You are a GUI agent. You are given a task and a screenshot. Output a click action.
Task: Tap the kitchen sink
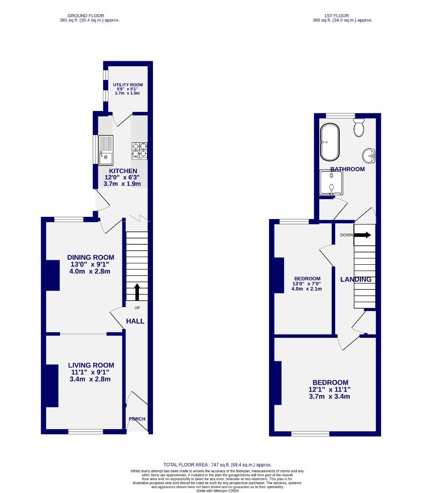tap(105, 150)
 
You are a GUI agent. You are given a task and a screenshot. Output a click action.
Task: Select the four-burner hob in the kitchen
tap(140, 151)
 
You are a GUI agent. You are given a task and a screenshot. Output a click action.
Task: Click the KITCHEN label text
tap(123, 171)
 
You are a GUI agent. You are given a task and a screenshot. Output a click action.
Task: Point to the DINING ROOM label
tap(90, 257)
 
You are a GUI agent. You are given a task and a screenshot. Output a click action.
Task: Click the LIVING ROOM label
tap(91, 365)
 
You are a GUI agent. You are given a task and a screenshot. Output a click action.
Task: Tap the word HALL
tap(135, 321)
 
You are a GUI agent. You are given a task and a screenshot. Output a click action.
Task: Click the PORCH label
tap(137, 419)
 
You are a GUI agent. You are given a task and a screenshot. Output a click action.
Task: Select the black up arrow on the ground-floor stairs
tap(136, 292)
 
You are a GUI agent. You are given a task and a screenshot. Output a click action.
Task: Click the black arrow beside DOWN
tap(362, 235)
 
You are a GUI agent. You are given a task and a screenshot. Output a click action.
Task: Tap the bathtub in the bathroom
tap(329, 142)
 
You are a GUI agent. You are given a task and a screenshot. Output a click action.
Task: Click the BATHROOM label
tap(348, 169)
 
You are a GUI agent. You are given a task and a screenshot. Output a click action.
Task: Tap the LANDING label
tap(356, 279)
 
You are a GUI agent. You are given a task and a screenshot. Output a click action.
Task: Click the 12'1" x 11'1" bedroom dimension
tap(330, 389)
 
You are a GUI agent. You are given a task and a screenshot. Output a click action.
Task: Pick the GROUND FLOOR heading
tap(90, 16)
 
